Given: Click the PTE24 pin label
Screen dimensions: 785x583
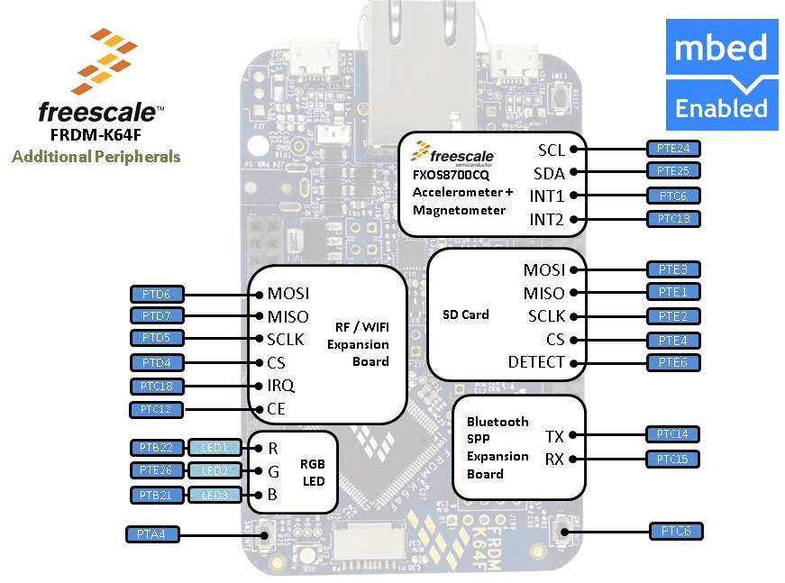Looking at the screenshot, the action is [673, 149].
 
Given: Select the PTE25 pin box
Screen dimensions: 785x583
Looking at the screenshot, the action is [673, 170].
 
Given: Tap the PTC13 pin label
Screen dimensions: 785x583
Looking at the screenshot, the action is [673, 219].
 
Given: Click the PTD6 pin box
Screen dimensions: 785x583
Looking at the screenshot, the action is [157, 295].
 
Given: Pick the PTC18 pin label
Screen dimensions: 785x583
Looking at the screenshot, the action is [157, 387].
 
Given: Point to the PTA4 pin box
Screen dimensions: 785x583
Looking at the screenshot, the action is [151, 534].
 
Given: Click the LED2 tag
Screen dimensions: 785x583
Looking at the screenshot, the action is [215, 471].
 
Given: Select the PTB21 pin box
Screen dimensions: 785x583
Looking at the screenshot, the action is [157, 495].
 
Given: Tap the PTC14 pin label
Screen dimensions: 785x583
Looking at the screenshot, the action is [672, 434].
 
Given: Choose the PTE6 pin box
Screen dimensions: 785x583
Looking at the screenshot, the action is [673, 362].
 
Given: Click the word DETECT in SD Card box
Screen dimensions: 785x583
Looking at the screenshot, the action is [536, 362].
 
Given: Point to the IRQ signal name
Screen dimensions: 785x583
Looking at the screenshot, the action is [281, 386].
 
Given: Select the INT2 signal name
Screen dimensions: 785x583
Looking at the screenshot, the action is [546, 219].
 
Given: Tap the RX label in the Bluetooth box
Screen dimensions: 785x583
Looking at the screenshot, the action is [554, 459].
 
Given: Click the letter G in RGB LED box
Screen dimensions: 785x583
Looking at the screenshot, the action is [273, 471].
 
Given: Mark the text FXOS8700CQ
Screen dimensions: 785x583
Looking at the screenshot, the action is [451, 175].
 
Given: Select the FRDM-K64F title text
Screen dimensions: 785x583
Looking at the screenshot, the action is [96, 134].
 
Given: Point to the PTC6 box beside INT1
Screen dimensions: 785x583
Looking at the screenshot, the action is [673, 196].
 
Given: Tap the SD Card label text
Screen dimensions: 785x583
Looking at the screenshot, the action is [466, 314].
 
